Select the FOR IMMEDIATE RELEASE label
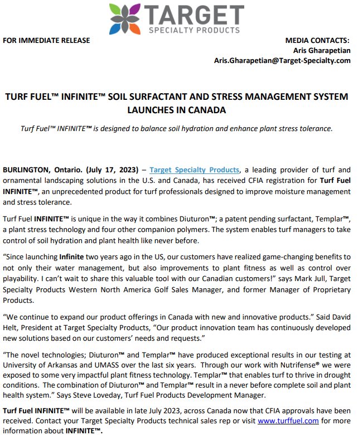tap(46, 40)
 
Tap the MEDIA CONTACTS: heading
tap(317, 40)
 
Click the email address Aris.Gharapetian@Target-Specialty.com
tap(282, 60)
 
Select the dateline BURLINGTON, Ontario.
tap(42, 170)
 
